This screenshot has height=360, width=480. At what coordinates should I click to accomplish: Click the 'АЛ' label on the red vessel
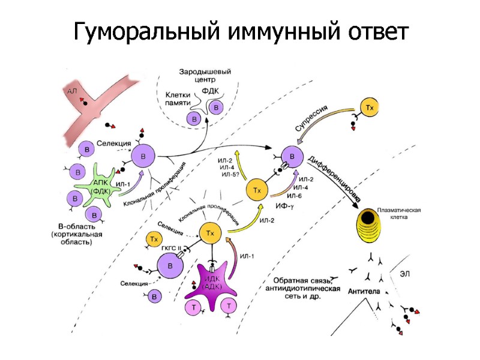point(73,91)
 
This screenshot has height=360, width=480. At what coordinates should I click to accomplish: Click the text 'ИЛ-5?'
point(230,175)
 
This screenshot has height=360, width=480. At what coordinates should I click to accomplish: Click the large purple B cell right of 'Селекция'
point(143,157)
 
